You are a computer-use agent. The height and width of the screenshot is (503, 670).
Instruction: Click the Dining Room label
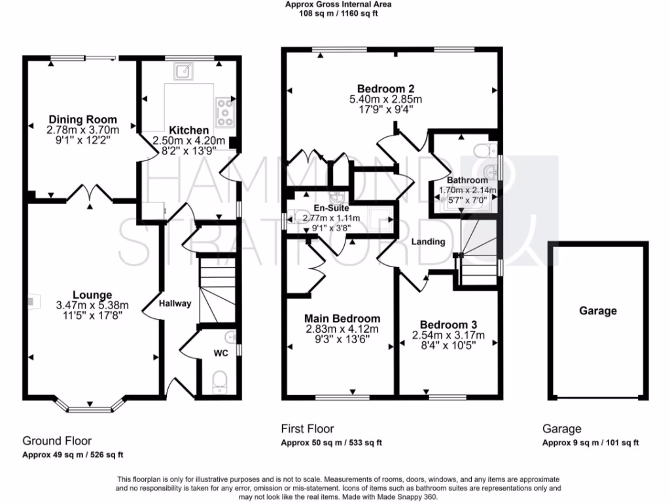click(x=82, y=119)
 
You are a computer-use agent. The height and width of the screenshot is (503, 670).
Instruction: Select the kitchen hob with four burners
click(x=225, y=111)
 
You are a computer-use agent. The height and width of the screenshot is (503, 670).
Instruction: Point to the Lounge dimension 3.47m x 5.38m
click(x=92, y=305)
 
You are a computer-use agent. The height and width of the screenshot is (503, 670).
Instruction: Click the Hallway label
click(x=175, y=303)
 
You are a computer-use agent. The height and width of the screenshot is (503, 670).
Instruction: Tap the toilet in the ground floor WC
click(x=219, y=381)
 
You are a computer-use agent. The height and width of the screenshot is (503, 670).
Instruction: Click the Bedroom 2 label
click(x=385, y=88)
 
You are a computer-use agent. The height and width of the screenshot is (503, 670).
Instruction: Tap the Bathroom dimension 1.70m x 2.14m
click(x=467, y=191)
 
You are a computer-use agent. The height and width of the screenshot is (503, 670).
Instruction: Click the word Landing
click(x=428, y=242)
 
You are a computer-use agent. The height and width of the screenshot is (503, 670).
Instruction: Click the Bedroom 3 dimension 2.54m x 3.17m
click(x=448, y=335)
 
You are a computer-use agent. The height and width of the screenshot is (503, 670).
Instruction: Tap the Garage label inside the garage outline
click(x=597, y=311)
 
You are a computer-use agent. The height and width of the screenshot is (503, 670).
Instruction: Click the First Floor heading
click(x=307, y=429)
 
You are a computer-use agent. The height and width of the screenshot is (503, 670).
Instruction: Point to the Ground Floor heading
click(x=57, y=441)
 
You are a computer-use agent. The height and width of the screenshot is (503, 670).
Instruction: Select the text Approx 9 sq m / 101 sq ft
click(x=590, y=443)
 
